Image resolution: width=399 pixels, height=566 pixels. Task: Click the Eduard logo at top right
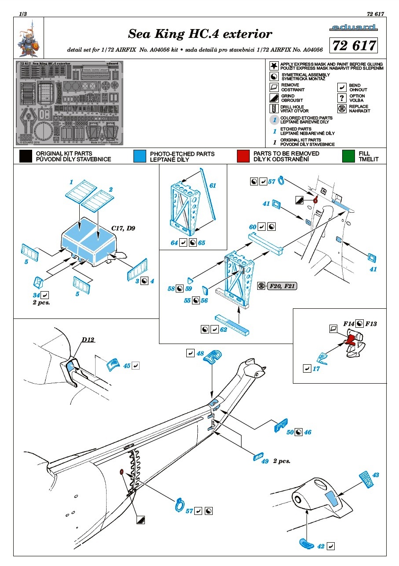point(353,28)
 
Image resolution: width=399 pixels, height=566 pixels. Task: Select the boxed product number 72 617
point(355,46)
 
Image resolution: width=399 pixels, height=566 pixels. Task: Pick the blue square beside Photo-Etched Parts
point(140,156)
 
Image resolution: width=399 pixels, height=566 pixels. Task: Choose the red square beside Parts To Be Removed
point(244,156)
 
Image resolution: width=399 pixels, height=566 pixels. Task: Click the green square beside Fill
point(349,156)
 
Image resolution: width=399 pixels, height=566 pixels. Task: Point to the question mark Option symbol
point(341,98)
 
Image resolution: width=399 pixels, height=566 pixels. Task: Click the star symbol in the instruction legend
point(273,66)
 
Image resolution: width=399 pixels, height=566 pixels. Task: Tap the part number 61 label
point(213,185)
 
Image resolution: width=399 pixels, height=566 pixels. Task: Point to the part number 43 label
point(375,475)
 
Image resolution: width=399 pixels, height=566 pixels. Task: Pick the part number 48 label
point(200,353)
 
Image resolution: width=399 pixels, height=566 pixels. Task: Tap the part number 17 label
point(316,369)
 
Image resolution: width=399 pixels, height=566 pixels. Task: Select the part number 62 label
point(223,329)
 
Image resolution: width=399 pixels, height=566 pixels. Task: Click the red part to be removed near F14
point(351,339)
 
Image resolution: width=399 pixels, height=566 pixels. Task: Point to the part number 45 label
point(127,366)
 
